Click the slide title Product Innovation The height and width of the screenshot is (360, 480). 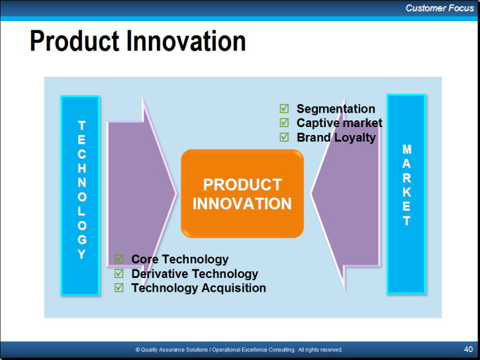138,41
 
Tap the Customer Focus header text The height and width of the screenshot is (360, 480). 440,8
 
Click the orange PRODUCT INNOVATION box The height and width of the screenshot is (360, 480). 242,193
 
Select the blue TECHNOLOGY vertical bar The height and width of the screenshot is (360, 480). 80,195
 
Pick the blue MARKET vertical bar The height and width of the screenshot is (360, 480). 407,194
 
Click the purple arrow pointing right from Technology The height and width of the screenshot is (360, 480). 142,193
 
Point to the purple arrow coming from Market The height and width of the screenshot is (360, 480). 346,193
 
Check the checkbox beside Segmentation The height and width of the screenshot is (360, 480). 284,109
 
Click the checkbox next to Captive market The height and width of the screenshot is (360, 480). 284,122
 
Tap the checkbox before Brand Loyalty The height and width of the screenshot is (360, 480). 284,137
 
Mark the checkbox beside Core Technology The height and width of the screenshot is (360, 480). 119,259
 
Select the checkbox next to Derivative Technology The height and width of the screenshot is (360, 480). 119,273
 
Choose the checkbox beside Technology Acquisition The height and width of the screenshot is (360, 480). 119,287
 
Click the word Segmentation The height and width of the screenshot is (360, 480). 336,109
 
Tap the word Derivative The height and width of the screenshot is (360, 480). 159,274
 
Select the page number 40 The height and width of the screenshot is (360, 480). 468,349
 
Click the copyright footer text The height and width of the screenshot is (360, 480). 239,349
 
